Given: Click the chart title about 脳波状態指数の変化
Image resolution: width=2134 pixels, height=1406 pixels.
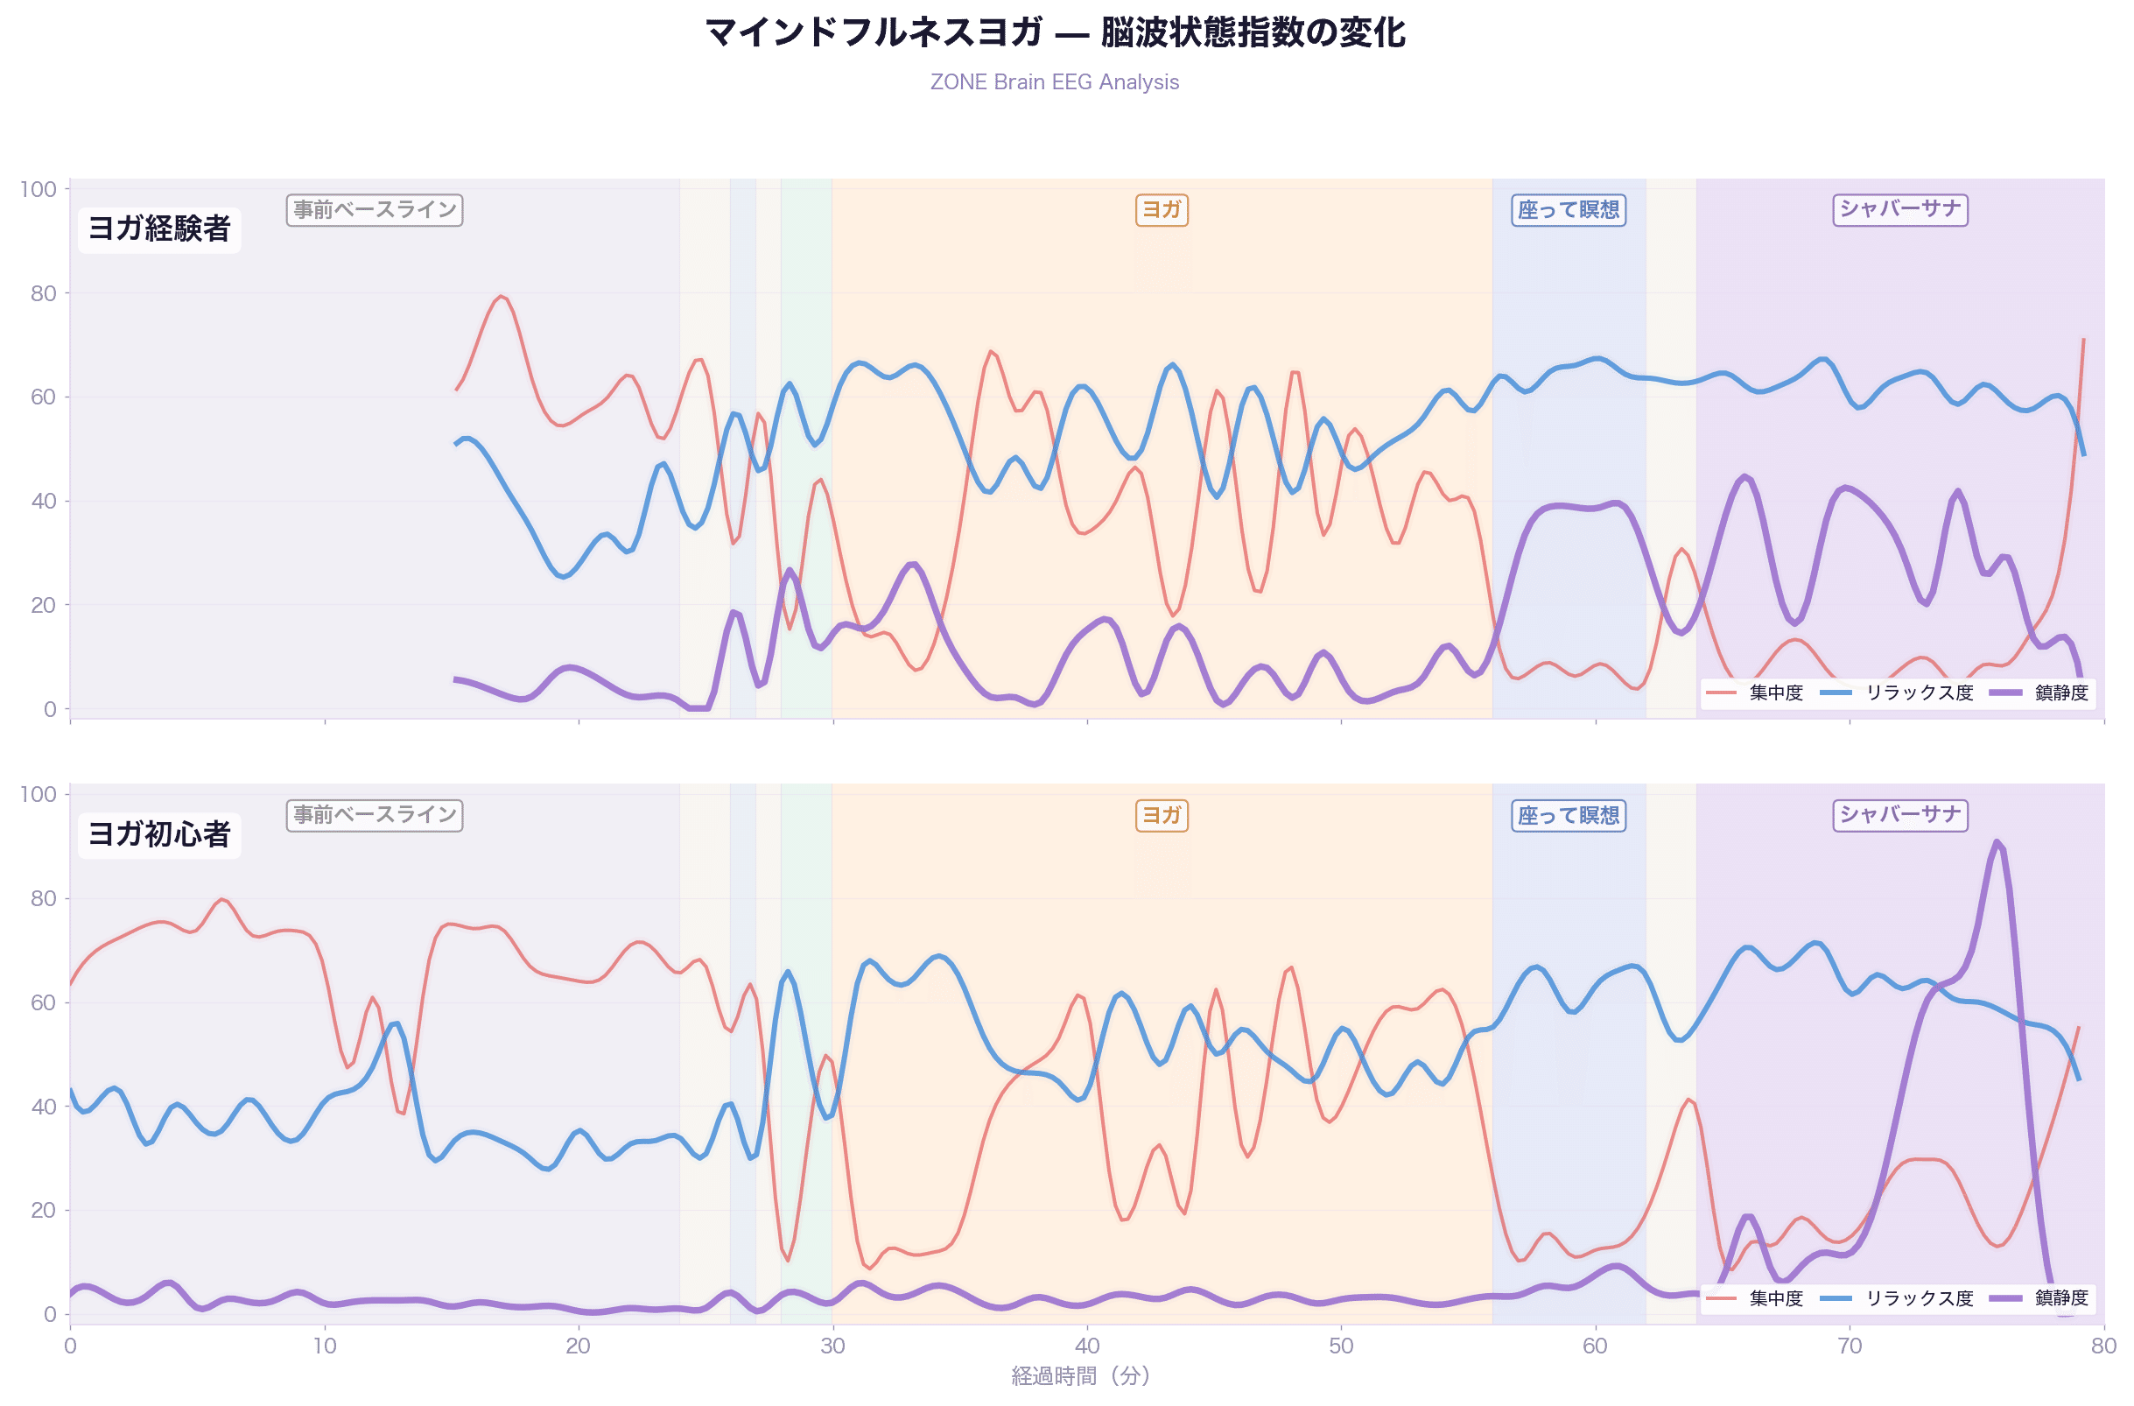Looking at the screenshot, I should point(1056,33).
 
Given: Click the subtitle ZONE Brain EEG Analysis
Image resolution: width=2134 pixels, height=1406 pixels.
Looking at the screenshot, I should point(1055,81).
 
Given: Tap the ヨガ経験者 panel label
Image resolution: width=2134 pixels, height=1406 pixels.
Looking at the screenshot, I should point(159,228).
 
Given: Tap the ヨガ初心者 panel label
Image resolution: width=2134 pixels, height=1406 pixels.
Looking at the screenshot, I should point(159,834).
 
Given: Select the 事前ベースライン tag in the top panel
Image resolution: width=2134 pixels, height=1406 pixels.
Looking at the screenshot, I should point(375,210).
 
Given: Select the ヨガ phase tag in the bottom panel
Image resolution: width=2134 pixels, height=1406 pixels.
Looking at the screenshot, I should point(1162,815).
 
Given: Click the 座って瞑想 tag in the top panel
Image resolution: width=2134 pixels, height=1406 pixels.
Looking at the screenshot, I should point(1569,210).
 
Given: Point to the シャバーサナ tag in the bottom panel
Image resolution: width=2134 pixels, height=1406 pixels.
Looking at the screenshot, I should point(1900,815).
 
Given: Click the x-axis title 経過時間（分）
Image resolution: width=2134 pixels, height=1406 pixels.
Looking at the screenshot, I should point(1080,1375).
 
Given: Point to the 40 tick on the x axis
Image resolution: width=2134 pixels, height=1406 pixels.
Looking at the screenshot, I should point(1087,1345).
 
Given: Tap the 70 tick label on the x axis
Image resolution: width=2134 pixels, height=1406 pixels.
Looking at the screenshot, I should point(1850,1345).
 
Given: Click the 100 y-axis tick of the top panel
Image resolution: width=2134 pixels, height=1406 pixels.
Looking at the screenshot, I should point(38,189).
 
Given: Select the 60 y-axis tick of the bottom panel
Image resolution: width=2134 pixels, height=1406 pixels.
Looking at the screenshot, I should point(43,1002).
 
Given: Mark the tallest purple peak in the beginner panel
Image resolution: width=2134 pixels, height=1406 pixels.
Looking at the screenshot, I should point(1996,842).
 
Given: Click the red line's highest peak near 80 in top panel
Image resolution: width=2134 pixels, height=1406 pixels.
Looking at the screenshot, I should point(502,296).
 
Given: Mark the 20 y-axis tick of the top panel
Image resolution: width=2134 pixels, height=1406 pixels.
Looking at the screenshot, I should point(43,605).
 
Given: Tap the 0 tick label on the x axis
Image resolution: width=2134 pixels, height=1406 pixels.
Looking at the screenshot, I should point(70,1345).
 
